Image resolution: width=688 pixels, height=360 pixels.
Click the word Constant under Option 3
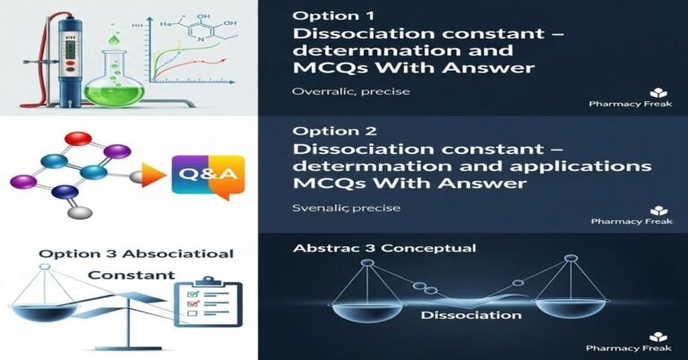pyautogui.click(x=132, y=275)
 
